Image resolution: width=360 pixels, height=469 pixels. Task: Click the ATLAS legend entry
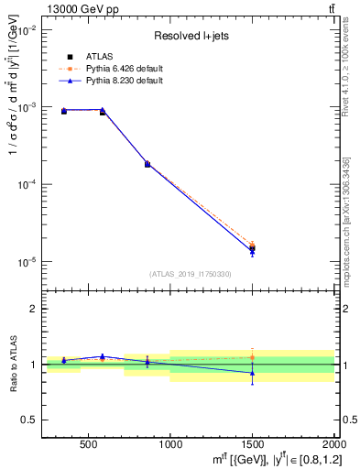[98, 56]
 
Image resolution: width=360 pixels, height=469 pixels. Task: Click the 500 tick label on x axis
[89, 446]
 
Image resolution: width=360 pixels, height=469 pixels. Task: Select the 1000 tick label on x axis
[170, 446]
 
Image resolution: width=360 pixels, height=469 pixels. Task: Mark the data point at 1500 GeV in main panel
[252, 248]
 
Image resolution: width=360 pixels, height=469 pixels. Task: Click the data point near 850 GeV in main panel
[147, 164]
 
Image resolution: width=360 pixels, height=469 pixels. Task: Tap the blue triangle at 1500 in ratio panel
[252, 373]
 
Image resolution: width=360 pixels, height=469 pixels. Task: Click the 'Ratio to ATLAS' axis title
[13, 364]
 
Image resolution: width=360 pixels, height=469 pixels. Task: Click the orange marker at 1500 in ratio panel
[252, 357]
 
